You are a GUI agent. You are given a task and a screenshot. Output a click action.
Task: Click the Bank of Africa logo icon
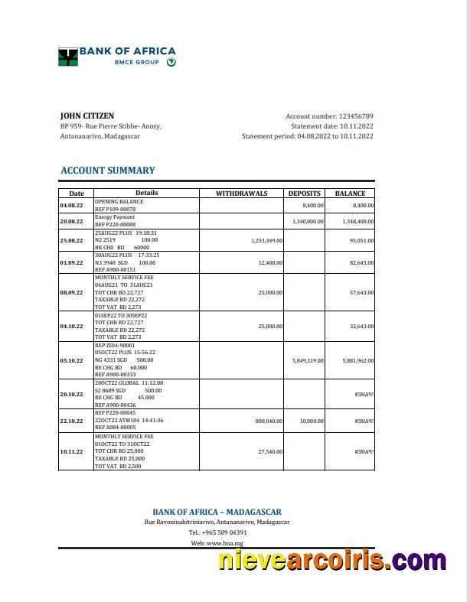click(x=68, y=57)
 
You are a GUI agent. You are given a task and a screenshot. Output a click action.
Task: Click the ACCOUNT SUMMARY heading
click(x=107, y=171)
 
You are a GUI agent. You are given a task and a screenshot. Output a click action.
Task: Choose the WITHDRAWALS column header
click(x=242, y=194)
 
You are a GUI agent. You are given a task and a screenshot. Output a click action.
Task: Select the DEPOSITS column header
click(x=304, y=194)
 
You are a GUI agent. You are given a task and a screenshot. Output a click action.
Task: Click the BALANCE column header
click(x=350, y=194)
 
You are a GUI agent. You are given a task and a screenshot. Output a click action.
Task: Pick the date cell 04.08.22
click(x=71, y=206)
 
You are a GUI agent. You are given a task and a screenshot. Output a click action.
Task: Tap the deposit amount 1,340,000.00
click(x=308, y=221)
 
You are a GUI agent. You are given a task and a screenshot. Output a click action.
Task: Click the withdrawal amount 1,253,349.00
click(x=266, y=240)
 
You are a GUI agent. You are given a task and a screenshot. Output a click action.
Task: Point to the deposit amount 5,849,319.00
click(x=308, y=360)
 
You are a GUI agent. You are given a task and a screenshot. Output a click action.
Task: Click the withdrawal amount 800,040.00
click(x=269, y=421)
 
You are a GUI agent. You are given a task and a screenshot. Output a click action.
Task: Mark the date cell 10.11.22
click(x=71, y=451)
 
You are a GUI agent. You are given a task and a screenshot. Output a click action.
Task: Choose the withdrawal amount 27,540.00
click(x=270, y=451)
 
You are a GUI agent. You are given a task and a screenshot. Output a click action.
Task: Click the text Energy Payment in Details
click(x=115, y=217)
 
